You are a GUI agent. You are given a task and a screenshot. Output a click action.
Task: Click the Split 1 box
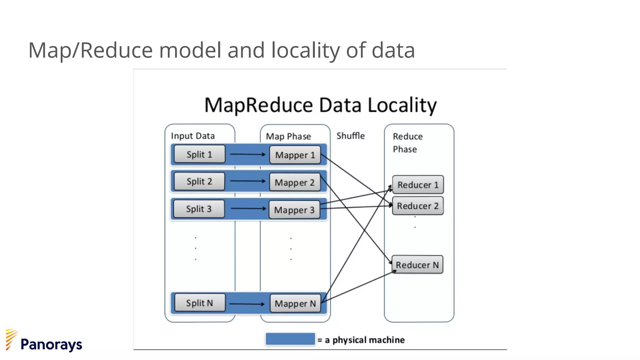[199, 154]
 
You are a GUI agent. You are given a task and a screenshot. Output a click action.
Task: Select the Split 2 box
[199, 181]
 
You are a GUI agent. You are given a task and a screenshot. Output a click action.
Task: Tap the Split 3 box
[199, 209]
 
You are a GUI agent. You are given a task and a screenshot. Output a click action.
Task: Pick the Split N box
[200, 302]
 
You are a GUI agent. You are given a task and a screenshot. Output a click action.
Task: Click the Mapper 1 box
[295, 155]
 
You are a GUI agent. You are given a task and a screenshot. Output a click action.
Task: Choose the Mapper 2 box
[295, 182]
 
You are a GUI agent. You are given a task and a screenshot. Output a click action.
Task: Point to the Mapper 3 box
[294, 210]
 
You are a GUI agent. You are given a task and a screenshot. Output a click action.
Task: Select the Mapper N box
[295, 303]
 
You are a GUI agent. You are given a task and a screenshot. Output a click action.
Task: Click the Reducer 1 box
[418, 185]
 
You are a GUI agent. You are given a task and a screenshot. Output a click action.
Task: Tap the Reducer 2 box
[418, 206]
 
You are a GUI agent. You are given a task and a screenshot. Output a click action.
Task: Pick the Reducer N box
[417, 265]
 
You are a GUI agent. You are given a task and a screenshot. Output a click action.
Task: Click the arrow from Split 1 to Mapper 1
[247, 154]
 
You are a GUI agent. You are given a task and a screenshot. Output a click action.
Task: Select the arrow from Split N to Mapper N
[247, 303]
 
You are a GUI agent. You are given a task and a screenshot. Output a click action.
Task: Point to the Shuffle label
[350, 136]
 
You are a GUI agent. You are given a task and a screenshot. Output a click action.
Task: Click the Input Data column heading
[193, 136]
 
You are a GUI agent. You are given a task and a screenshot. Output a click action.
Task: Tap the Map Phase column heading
[288, 137]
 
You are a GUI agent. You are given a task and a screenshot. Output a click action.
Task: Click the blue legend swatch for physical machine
[290, 339]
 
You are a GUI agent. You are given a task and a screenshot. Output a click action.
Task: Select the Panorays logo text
[51, 344]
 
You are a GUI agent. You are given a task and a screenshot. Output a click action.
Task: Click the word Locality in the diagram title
[402, 105]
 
